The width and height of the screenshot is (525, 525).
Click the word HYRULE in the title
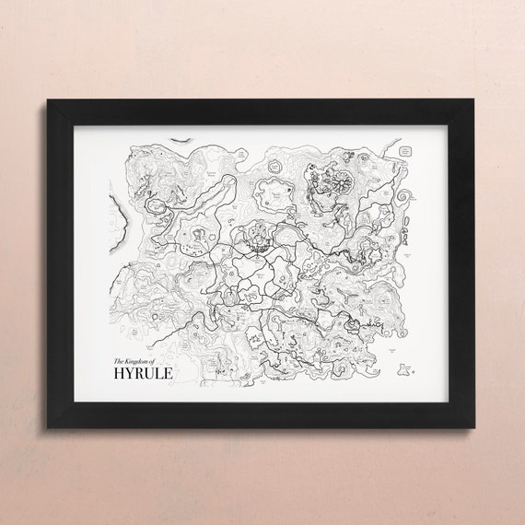pos(141,373)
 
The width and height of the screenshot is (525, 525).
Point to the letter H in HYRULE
pos(118,373)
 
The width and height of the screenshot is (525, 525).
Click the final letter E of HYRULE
pos(165,373)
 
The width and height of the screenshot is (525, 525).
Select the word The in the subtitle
pos(116,360)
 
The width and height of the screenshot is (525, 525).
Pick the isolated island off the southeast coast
pos(402,370)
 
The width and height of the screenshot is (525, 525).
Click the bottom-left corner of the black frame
pos(49,427)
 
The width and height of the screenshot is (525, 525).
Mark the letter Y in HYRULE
pos(128,373)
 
